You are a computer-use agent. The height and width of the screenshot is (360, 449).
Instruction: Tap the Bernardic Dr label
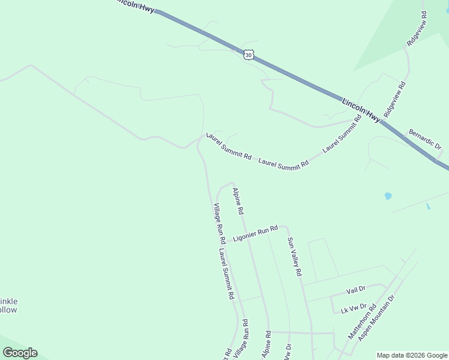pos(425,139)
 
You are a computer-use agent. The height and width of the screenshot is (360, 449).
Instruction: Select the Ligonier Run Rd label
pos(256,233)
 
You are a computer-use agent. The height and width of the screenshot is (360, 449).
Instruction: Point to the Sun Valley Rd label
pos(294,256)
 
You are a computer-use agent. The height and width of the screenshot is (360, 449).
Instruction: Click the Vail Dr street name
pos(356,290)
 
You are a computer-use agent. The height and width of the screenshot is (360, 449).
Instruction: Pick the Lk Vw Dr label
pos(354,308)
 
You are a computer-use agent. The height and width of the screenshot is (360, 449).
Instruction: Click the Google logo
pos(20,353)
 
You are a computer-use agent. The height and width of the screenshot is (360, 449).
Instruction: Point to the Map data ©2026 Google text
pos(412,355)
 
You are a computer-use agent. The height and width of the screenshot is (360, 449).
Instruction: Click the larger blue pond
pos(388,196)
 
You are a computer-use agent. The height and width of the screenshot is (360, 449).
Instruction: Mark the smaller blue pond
pos(427,206)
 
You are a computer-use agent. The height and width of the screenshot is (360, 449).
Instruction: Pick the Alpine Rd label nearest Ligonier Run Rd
pos(238,201)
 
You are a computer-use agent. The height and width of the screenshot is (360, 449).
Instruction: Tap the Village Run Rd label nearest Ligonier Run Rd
pos(218,219)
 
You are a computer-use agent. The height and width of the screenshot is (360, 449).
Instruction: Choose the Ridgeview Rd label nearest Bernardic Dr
pos(395,99)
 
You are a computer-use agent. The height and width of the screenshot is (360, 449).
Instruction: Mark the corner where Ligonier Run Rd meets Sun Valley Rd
pos(286,227)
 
